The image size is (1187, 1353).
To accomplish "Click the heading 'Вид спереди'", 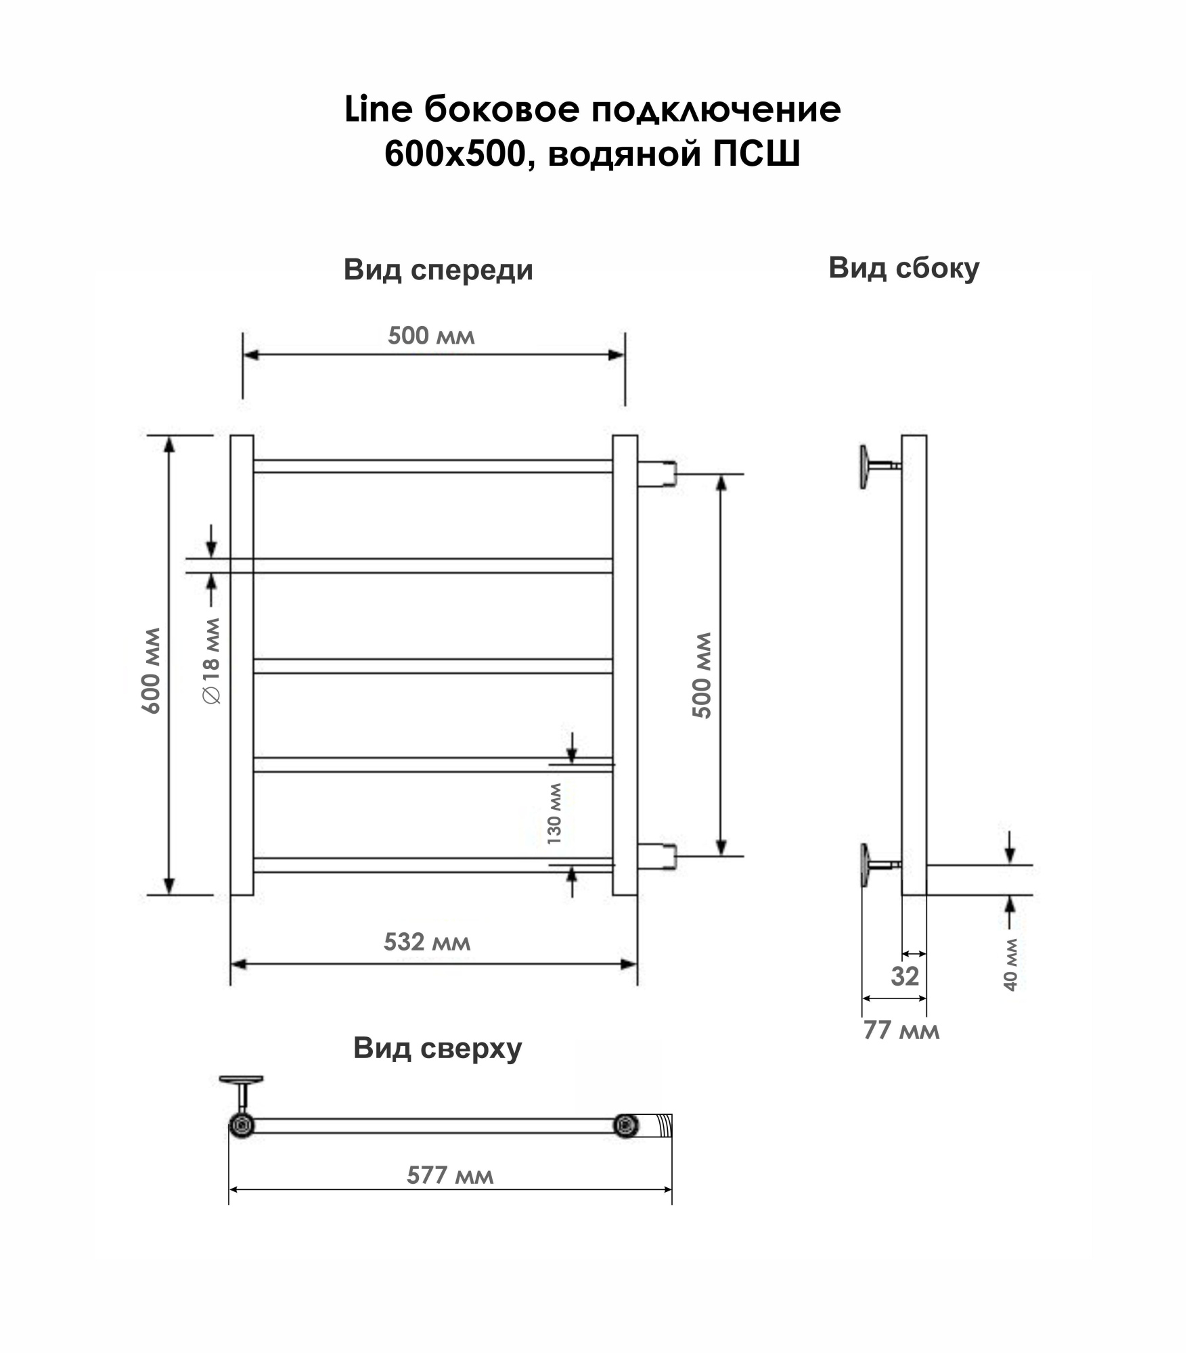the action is [438, 270].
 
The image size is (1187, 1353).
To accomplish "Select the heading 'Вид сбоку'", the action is [904, 268].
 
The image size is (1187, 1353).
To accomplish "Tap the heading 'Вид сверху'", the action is [437, 1049].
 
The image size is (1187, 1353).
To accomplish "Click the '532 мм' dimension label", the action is [426, 942].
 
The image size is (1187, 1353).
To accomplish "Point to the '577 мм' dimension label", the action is [450, 1175].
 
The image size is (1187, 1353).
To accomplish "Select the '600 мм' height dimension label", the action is [151, 670].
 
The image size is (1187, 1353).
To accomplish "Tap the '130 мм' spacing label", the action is [554, 814].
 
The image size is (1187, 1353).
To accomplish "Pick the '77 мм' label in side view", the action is [901, 1030].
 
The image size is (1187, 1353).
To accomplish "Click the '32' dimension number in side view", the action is [905, 976].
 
